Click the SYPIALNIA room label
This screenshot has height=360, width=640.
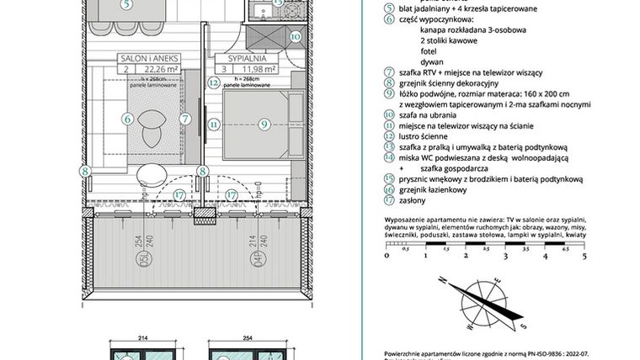pos(247,60)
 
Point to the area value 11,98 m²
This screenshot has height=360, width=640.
pos(260,70)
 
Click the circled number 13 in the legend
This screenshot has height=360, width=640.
pos(388,146)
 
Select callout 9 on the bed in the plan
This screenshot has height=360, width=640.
pos(263,124)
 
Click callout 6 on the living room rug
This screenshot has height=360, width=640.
pos(127,120)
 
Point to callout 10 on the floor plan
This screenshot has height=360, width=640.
pos(295,36)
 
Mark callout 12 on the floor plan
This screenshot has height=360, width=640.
pos(214,83)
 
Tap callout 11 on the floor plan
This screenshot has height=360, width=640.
pos(214,124)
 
